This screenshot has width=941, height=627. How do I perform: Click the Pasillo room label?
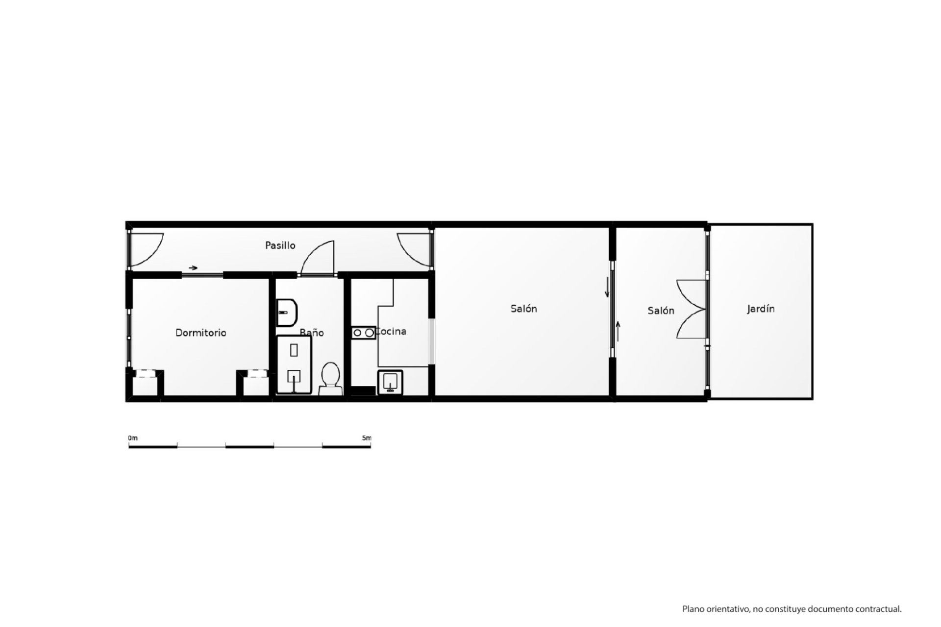click(x=280, y=245)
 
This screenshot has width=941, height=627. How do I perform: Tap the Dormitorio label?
click(x=201, y=333)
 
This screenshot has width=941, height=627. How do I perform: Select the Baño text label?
click(x=312, y=333)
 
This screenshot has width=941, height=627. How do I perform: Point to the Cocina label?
click(x=391, y=332)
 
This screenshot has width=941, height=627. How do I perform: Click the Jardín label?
click(x=761, y=309)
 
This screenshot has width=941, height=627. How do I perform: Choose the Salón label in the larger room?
click(x=523, y=309)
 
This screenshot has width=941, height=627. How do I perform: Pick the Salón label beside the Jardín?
click(x=661, y=311)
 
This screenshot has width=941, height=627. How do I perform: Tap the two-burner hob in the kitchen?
click(x=363, y=333)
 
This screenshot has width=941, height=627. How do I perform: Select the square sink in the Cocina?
click(x=390, y=382)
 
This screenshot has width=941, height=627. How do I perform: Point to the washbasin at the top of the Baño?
click(x=287, y=313)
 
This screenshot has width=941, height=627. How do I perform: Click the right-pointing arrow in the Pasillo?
click(x=193, y=268)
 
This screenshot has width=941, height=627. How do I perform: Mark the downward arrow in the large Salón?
click(x=607, y=287)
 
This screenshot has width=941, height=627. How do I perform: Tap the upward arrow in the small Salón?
click(x=618, y=331)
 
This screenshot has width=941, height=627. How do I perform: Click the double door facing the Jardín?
click(x=692, y=309)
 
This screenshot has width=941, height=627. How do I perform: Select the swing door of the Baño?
click(x=318, y=257)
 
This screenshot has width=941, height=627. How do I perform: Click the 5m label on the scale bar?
click(x=367, y=438)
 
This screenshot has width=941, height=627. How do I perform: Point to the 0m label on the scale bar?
click(x=133, y=438)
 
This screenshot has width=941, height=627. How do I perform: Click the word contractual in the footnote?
click(x=878, y=609)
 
